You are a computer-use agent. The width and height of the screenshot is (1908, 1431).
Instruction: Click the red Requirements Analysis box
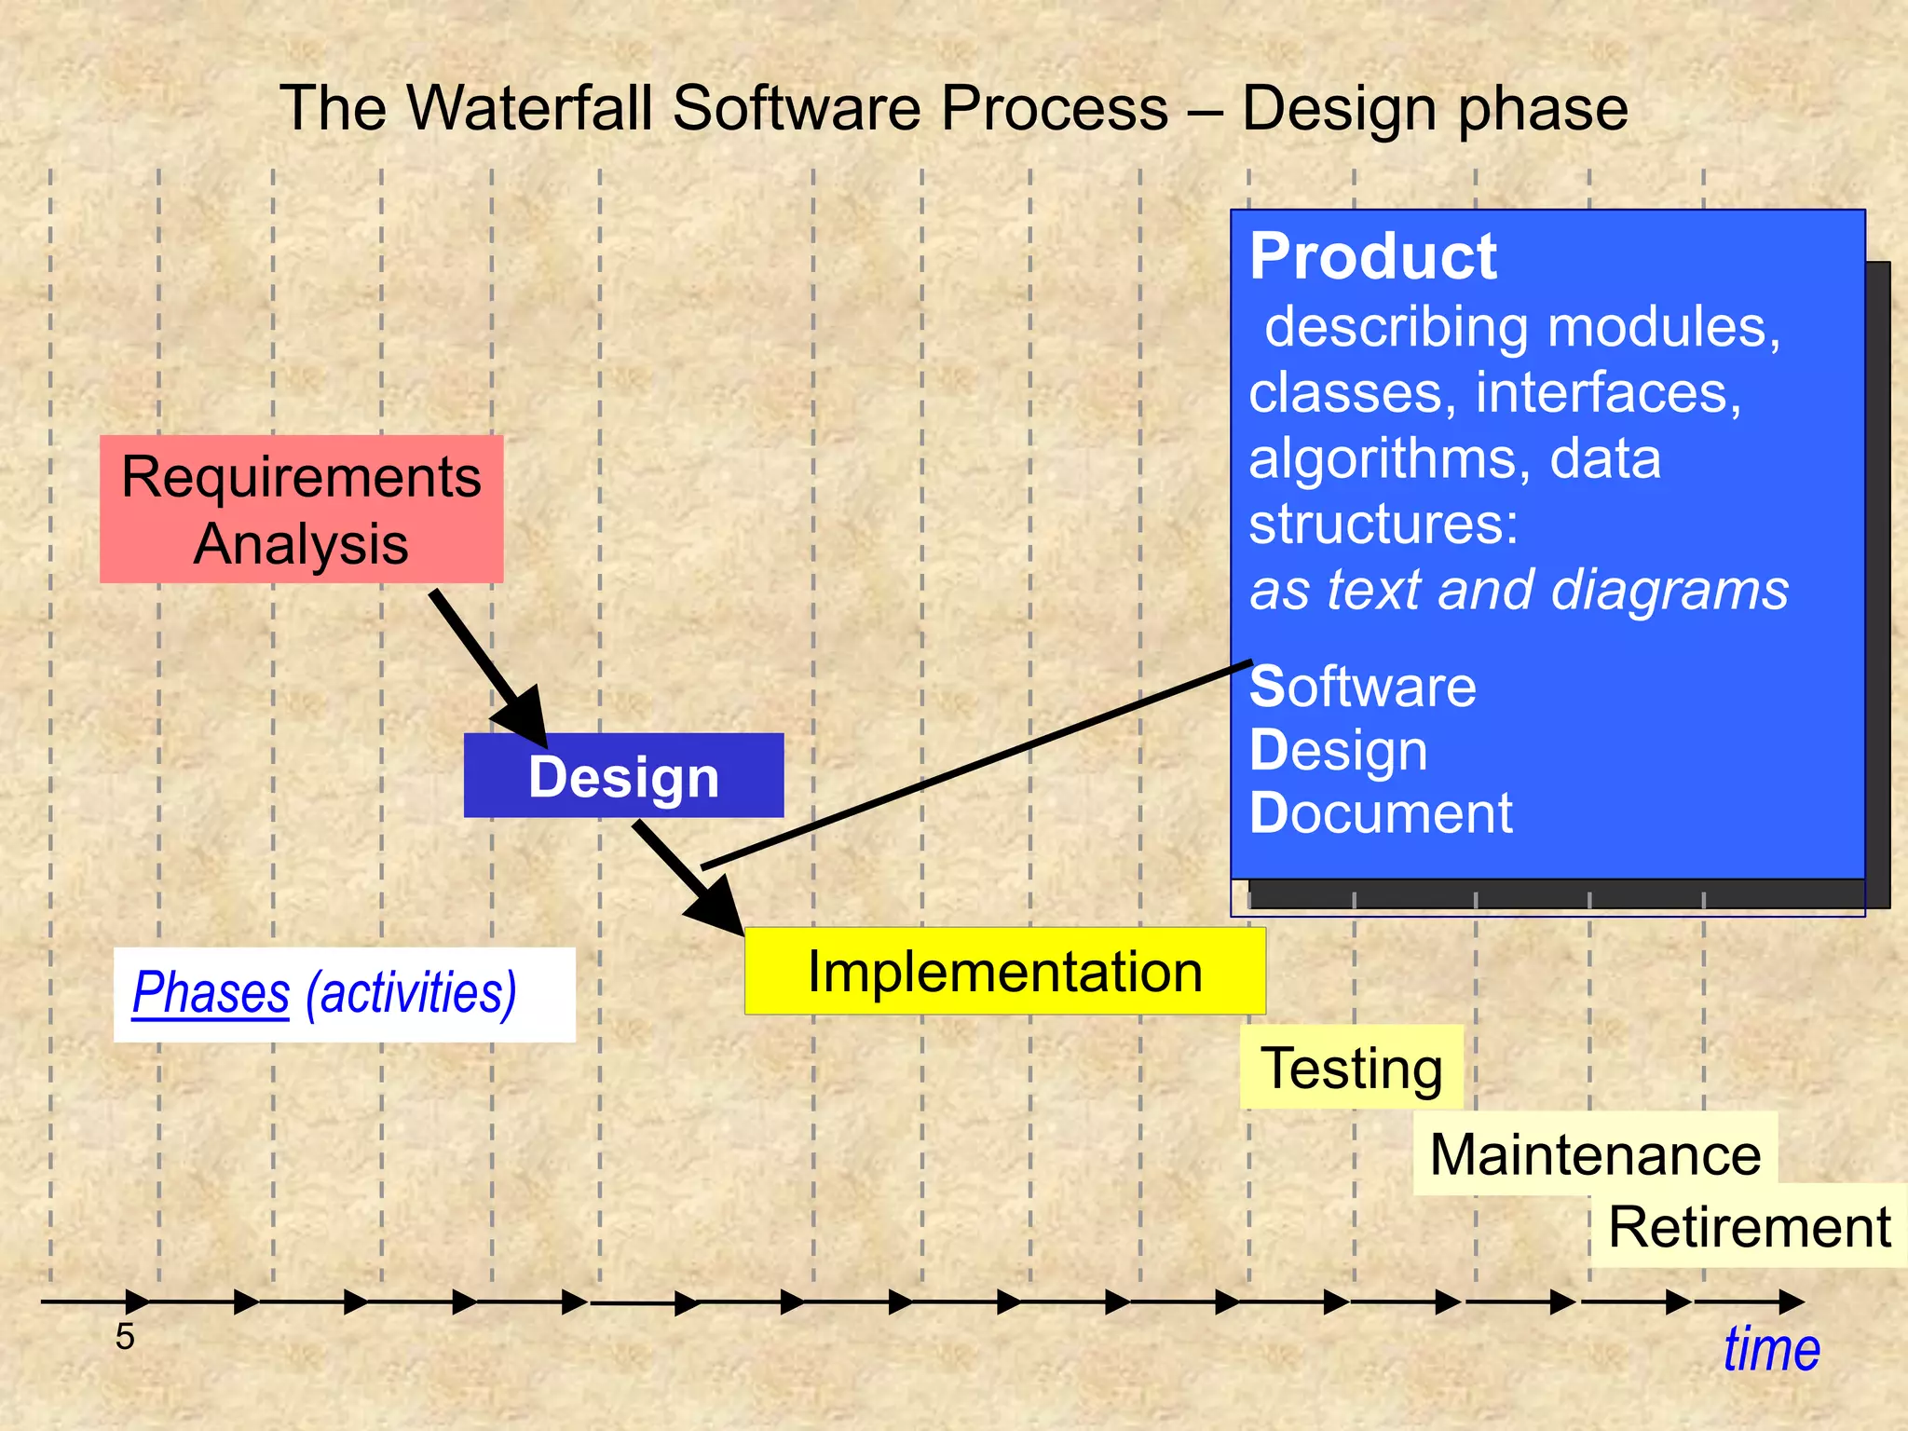click(301, 509)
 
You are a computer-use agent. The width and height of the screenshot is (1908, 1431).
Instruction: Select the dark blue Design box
click(623, 776)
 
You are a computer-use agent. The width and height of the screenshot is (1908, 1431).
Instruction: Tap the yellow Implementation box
click(1004, 971)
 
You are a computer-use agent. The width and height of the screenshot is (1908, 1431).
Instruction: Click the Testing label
click(1351, 1068)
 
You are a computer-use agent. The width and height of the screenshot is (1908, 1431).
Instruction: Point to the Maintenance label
click(1595, 1154)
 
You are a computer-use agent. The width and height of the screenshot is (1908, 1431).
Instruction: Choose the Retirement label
click(1749, 1226)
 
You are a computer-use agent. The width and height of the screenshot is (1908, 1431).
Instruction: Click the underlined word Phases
click(211, 992)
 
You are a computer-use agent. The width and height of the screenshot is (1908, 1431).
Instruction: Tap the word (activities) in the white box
click(411, 992)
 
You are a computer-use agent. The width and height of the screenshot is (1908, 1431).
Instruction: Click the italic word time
click(1770, 1349)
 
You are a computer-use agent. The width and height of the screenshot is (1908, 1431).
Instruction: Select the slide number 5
click(125, 1337)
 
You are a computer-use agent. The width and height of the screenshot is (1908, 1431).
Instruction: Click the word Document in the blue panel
click(1381, 813)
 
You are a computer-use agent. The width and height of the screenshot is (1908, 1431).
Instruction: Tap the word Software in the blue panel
click(1362, 687)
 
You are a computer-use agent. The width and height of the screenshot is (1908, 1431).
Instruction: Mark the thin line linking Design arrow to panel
click(978, 764)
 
